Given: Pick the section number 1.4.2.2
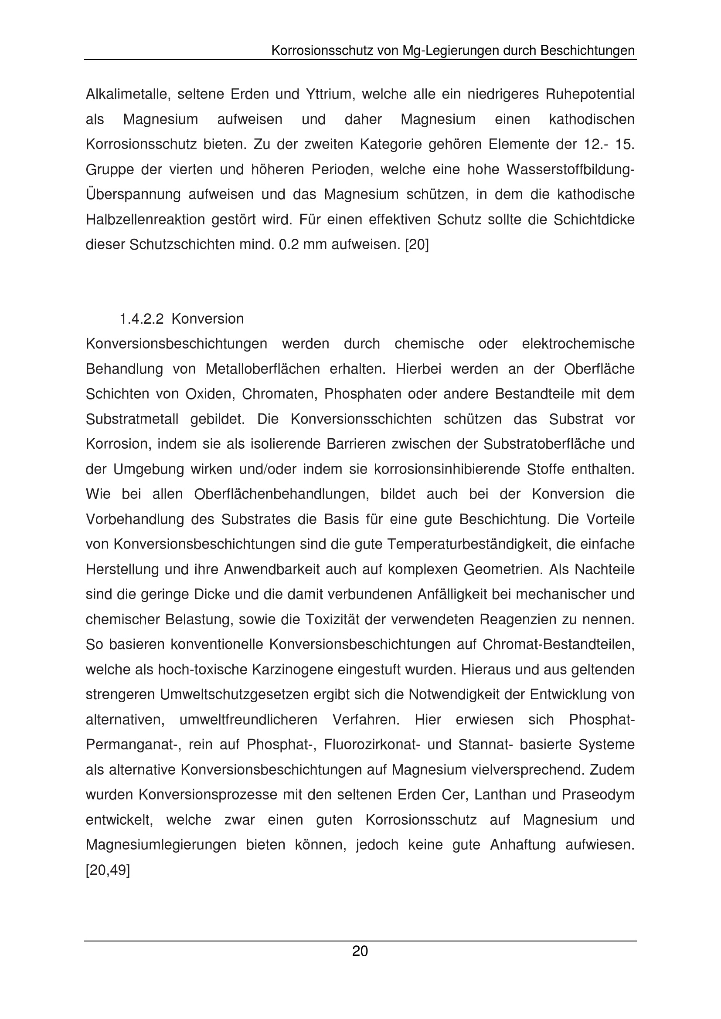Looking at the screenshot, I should (x=142, y=318).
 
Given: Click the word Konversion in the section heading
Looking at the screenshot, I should (x=207, y=318).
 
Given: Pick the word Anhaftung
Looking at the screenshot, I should (x=523, y=845).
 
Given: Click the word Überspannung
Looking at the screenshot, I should (x=133, y=195).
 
